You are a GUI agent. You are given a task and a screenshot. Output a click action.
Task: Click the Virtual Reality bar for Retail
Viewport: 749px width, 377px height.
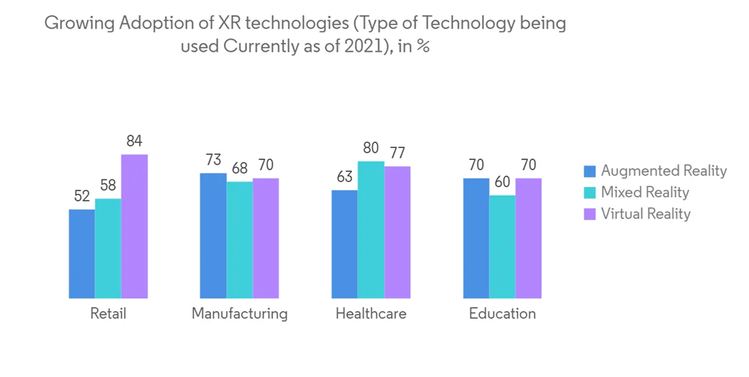click(x=134, y=227)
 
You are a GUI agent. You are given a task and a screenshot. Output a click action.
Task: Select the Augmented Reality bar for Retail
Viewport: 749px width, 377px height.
click(x=82, y=254)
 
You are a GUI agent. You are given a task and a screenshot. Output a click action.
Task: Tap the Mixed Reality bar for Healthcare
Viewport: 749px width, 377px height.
click(x=371, y=230)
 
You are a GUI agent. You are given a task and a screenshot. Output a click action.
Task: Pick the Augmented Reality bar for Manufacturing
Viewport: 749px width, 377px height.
click(x=213, y=236)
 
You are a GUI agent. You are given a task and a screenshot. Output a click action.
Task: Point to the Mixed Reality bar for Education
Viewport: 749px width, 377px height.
click(x=503, y=247)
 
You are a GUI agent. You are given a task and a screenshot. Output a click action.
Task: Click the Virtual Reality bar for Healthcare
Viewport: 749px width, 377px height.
click(x=397, y=233)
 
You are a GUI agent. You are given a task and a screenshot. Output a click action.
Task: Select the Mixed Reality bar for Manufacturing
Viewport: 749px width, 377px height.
click(x=240, y=240)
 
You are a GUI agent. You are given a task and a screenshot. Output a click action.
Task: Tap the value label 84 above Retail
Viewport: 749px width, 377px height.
click(x=134, y=141)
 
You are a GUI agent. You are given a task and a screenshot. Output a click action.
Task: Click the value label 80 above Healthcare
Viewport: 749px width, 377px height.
click(x=371, y=148)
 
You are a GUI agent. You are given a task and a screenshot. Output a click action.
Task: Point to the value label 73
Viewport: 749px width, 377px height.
click(x=213, y=160)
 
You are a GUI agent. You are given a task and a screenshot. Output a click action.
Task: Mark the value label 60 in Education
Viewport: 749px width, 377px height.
click(x=503, y=183)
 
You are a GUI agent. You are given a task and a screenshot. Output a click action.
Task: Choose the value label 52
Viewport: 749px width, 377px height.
click(x=82, y=196)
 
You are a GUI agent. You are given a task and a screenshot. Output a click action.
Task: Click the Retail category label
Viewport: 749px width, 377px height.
click(x=108, y=313)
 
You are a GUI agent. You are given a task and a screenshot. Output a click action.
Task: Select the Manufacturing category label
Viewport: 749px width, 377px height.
click(x=240, y=313)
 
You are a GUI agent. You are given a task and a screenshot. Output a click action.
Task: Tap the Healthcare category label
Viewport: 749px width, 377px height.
click(x=371, y=313)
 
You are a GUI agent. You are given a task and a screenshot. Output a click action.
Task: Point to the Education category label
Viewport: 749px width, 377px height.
click(x=503, y=313)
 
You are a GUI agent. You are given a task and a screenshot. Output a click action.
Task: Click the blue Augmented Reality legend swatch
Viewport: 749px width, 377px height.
click(x=590, y=171)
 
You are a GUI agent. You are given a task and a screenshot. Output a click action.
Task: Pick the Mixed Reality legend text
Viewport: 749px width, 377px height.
click(x=645, y=192)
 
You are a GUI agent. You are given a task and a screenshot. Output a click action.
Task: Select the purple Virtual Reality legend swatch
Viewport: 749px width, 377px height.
click(x=590, y=214)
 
